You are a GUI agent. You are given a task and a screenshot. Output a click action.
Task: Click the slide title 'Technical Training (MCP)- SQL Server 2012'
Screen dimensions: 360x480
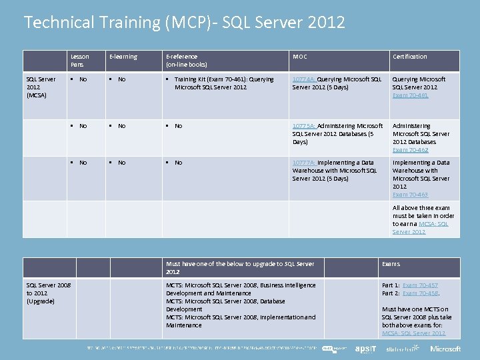point(184,23)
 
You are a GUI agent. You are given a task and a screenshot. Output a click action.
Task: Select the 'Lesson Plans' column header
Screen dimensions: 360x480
point(80,61)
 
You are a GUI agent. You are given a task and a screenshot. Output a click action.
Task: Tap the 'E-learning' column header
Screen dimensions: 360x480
point(123,57)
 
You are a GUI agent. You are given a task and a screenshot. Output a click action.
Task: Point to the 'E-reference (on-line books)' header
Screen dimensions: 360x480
point(187,61)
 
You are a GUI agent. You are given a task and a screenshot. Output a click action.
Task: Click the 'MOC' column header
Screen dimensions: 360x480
point(299,57)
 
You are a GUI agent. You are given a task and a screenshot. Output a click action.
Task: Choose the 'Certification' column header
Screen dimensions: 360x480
point(409,57)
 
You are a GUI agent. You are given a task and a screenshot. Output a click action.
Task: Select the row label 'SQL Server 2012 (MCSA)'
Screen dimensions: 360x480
point(41,87)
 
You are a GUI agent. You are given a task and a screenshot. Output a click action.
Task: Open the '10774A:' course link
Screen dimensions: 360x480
point(305,79)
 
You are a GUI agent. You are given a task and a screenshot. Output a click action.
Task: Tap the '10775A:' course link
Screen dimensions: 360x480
point(304,126)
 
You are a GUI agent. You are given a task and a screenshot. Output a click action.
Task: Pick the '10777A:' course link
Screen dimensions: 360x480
point(304,163)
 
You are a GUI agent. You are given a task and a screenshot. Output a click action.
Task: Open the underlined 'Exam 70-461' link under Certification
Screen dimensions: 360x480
point(410,95)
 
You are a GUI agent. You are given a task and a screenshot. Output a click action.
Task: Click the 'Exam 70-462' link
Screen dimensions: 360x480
point(410,150)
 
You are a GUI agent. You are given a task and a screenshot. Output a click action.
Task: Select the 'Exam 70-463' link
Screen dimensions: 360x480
point(410,195)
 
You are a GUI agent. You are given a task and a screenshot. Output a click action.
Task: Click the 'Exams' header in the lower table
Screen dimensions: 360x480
point(391,264)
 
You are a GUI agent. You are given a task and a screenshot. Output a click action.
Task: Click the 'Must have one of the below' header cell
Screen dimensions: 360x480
point(239,268)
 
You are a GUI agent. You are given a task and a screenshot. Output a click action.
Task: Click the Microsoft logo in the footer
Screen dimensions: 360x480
point(445,349)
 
